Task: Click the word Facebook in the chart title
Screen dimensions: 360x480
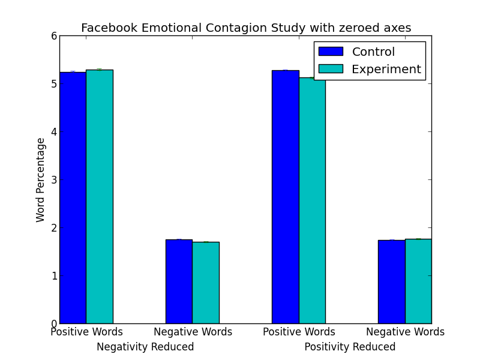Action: (107, 28)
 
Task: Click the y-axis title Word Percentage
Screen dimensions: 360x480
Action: (41, 180)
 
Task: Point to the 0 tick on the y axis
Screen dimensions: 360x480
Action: (54, 324)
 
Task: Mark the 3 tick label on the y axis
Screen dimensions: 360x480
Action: (54, 180)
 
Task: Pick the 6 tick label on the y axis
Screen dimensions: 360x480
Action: (54, 36)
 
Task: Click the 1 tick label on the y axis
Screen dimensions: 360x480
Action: (54, 276)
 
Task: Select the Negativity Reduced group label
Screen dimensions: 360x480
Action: (145, 347)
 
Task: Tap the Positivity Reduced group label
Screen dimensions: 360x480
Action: (350, 347)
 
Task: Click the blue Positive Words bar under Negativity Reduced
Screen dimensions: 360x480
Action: (73, 198)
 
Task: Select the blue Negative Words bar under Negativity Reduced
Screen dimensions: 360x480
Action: (179, 281)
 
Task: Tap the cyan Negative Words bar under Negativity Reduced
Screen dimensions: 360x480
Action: (205, 283)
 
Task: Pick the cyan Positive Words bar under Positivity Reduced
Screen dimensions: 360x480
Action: (311, 200)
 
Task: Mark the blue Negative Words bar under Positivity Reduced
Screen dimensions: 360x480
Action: (391, 282)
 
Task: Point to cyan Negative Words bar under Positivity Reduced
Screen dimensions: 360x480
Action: (418, 281)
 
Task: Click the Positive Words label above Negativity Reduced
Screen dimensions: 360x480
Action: (86, 332)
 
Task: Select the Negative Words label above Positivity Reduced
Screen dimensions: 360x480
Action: (405, 332)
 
